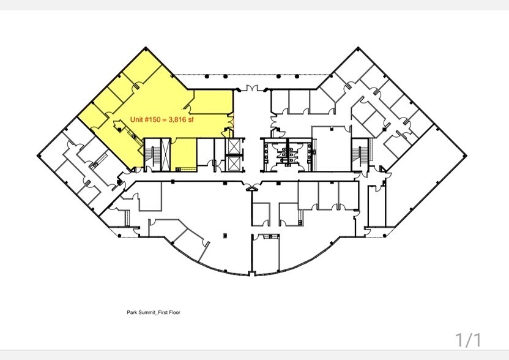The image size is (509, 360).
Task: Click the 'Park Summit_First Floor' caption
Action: pos(149,312)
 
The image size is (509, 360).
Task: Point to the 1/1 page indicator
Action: pos(469,339)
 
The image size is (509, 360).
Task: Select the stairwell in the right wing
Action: pos(359,153)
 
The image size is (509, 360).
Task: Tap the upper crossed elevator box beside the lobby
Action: pos(233,146)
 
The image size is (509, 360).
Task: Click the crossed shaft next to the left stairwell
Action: pos(147,147)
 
